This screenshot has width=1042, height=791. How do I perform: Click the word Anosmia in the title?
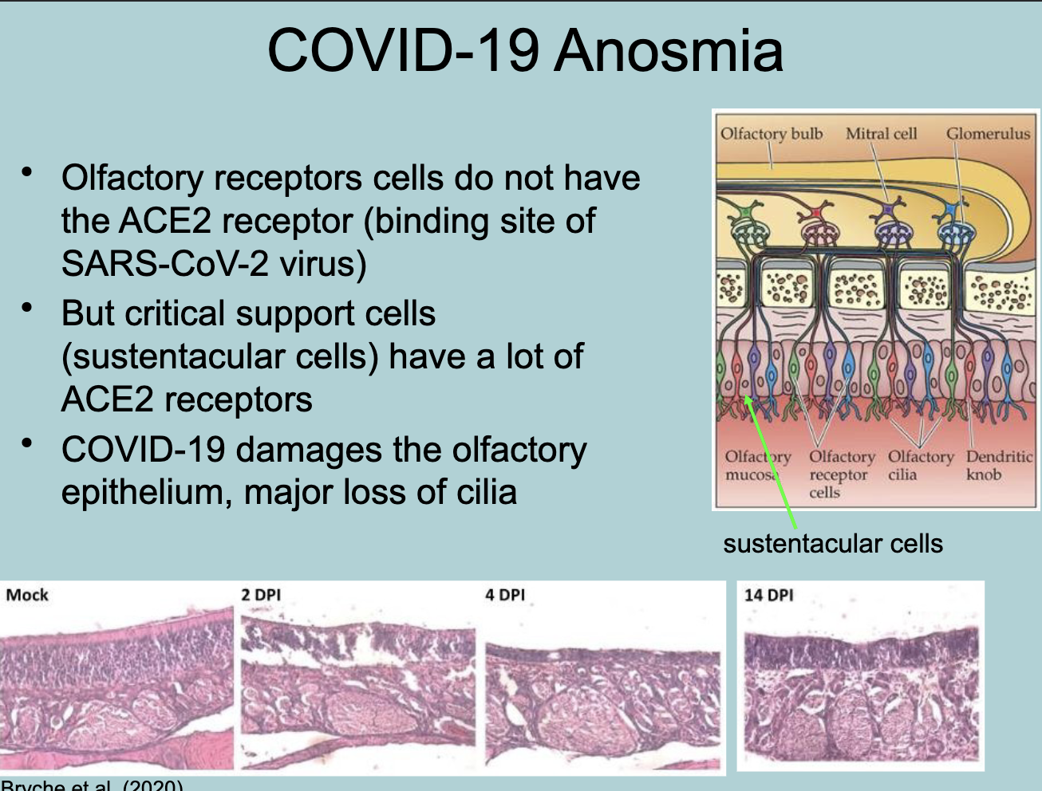[x=669, y=51]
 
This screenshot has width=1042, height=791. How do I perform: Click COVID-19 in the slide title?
[x=404, y=51]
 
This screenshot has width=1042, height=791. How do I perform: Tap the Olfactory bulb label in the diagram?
[x=771, y=133]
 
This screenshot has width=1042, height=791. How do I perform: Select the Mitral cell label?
[x=881, y=133]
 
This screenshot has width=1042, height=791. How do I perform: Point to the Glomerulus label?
[x=988, y=133]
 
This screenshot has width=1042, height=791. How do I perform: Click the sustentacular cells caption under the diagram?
[x=832, y=544]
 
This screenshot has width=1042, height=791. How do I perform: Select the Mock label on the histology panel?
[x=27, y=595]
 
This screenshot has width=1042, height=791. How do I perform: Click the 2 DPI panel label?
[x=261, y=595]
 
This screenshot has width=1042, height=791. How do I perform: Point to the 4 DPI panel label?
[x=505, y=595]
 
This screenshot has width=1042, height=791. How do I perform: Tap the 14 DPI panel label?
[x=768, y=595]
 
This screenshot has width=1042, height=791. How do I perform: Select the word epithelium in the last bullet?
[x=146, y=493]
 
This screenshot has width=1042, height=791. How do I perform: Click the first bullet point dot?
[x=29, y=171]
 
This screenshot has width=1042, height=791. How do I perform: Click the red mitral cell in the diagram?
[x=815, y=213]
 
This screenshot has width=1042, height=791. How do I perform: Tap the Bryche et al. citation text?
[x=92, y=785]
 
